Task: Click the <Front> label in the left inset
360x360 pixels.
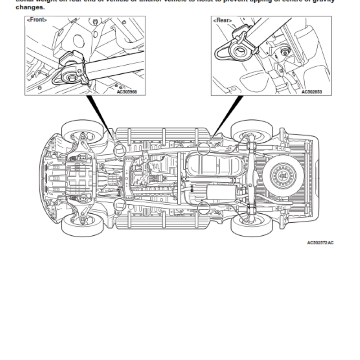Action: click(37, 20)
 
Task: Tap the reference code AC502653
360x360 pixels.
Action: click(311, 91)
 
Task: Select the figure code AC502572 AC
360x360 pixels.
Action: click(320, 243)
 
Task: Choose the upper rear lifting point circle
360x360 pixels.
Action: click(204, 148)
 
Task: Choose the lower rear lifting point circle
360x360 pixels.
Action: click(204, 207)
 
